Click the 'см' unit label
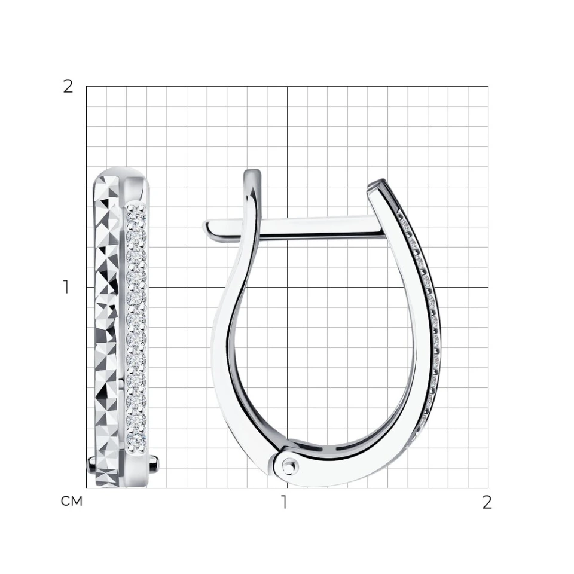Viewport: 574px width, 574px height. click(71, 501)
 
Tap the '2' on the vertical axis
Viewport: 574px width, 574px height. click(68, 87)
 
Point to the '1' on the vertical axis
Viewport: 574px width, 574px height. click(66, 287)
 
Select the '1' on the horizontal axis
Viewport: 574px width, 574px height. click(284, 502)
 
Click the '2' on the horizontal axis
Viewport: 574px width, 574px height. click(487, 503)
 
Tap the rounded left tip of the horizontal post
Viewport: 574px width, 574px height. click(206, 226)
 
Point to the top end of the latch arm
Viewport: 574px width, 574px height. click(253, 172)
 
